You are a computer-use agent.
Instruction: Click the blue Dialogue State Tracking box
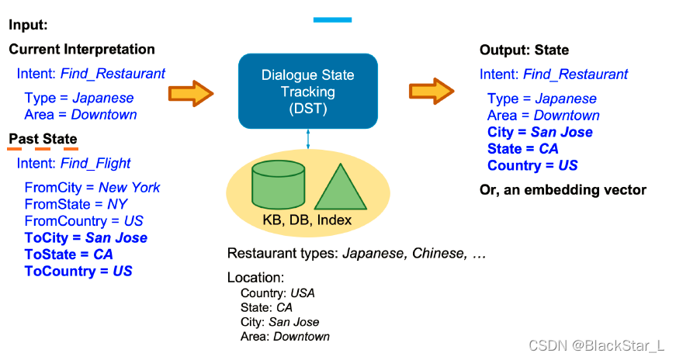point(307,91)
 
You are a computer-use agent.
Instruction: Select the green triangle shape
point(339,189)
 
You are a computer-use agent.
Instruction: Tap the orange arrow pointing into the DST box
point(191,95)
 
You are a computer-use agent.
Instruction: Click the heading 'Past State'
point(43,140)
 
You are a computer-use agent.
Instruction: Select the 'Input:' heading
point(28,25)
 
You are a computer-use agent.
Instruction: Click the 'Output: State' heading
point(524,50)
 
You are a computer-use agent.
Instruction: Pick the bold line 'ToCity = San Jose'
point(85,237)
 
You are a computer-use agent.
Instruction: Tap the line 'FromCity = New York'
point(92,187)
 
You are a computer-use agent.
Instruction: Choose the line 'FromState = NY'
point(76,204)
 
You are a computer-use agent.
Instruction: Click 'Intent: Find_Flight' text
point(74,164)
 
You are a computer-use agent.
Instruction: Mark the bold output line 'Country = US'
point(532,165)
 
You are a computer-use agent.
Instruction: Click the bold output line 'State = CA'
point(522,149)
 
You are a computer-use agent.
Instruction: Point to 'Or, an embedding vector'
point(563,189)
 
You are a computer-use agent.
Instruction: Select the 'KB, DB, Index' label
point(307,220)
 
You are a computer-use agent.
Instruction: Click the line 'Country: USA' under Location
point(277,293)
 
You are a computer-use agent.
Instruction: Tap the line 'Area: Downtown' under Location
point(285,337)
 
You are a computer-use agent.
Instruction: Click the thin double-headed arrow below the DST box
point(308,140)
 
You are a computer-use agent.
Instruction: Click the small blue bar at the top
point(332,19)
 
